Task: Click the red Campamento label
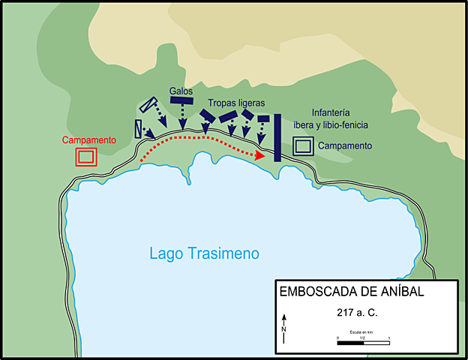[89, 140]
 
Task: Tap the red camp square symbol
[85, 156]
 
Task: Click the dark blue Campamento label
[344, 145]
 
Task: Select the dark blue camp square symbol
[302, 145]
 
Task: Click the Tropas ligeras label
[237, 103]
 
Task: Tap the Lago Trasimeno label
[204, 253]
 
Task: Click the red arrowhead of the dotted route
[261, 155]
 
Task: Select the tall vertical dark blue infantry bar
[277, 137]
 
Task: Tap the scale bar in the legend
[363, 343]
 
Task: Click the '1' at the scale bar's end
[388, 337]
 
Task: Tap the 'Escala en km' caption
[363, 331]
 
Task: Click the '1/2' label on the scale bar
[363, 337]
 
